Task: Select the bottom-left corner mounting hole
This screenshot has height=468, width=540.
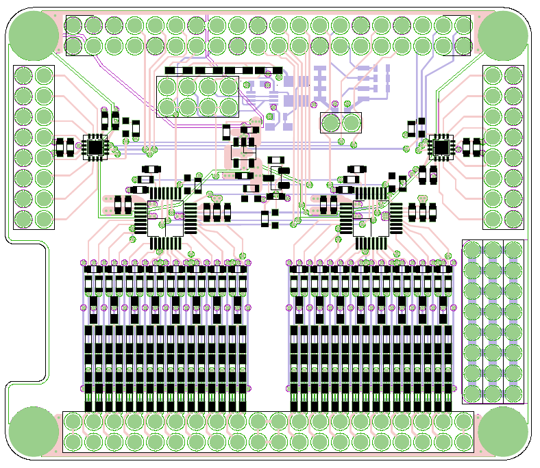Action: (33, 431)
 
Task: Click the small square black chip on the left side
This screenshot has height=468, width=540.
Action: (95, 146)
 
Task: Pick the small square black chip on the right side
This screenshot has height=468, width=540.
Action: (441, 146)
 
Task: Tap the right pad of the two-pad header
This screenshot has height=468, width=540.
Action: (352, 123)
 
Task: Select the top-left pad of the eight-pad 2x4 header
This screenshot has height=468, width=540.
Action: (168, 87)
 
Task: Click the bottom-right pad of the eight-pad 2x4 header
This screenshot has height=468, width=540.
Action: (228, 107)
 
